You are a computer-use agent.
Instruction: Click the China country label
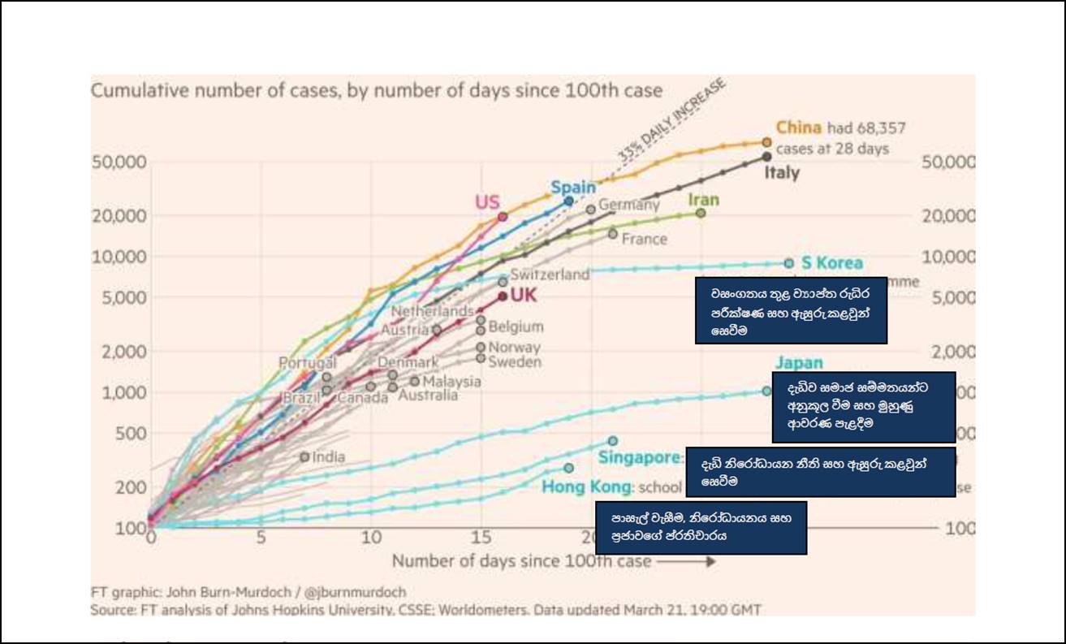798,128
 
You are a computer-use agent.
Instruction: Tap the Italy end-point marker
766,157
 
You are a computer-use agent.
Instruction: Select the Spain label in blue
573,188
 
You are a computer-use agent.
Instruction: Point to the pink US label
487,202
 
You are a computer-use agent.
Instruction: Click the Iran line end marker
701,213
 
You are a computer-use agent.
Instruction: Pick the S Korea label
831,263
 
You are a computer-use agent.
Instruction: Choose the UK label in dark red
524,296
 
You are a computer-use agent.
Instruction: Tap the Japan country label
799,363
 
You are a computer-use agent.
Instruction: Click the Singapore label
640,458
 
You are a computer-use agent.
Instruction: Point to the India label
328,457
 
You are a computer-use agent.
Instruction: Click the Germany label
628,205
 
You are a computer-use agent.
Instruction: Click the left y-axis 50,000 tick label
119,162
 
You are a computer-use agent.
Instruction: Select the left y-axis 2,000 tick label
123,352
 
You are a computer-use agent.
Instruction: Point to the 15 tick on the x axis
481,538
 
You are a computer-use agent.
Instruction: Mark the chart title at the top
376,90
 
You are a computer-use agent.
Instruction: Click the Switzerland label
550,274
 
